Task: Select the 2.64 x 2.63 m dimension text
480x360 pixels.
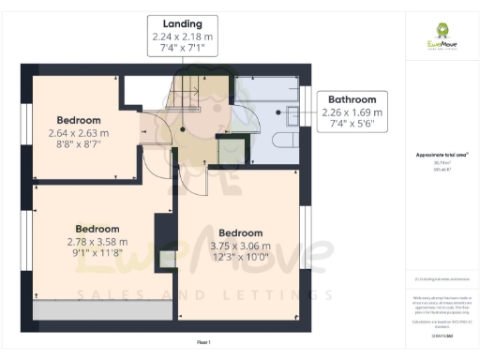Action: coord(80,133)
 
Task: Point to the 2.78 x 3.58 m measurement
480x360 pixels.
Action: coord(97,241)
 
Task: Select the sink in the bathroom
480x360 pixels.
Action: coord(292,113)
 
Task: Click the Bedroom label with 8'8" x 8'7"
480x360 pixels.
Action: coord(80,120)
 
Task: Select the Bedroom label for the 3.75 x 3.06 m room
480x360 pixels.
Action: coord(241,232)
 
